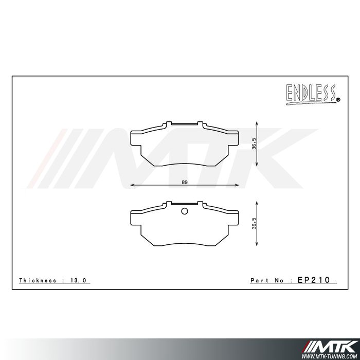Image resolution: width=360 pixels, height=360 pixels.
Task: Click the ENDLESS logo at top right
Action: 312,94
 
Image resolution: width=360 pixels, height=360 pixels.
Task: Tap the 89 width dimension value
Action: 185,182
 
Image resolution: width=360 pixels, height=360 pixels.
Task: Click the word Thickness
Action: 38,281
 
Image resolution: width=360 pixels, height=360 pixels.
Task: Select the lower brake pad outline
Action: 185,229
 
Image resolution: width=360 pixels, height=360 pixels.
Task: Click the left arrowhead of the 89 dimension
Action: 132,185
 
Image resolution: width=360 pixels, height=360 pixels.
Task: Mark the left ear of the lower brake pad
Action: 137,219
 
